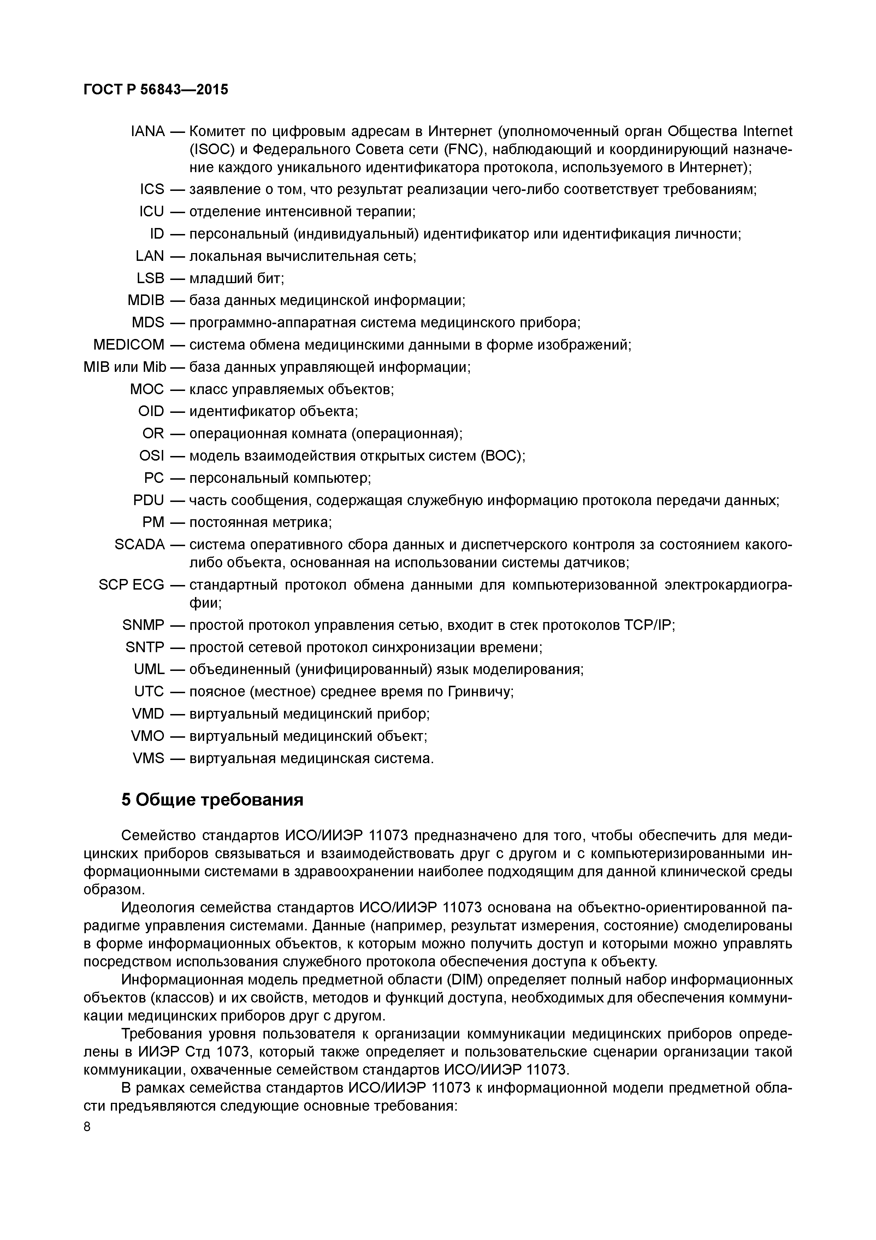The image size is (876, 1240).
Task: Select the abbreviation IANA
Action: [x=147, y=131]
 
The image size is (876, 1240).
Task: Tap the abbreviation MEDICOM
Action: [x=129, y=345]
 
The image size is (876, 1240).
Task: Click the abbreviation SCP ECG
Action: [x=131, y=585]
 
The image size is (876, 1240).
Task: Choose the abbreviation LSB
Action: [x=150, y=278]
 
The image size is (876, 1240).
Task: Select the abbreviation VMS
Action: [x=148, y=758]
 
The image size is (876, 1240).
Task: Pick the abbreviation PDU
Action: [x=148, y=500]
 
